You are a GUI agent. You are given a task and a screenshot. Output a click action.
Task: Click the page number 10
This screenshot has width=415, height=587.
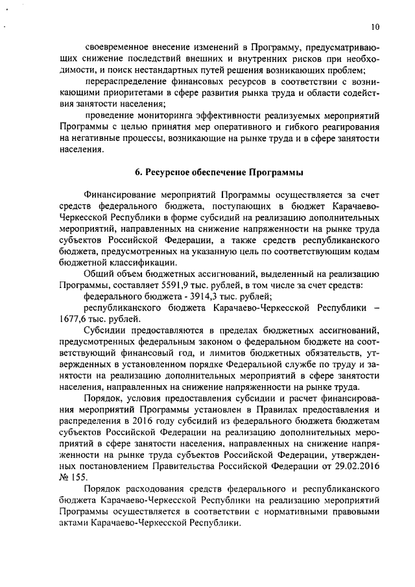point(376,27)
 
